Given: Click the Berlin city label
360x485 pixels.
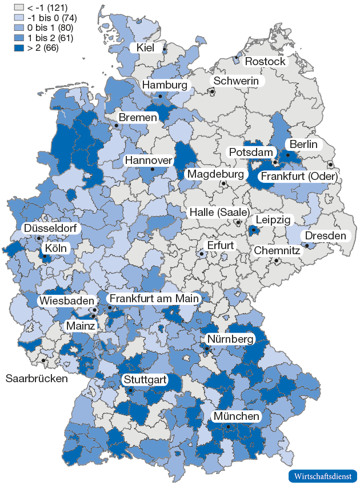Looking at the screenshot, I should point(303,144).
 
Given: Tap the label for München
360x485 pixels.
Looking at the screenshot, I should point(237,416).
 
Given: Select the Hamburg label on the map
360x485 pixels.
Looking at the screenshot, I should point(165,85).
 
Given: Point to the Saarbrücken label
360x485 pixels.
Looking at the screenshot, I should point(37,378).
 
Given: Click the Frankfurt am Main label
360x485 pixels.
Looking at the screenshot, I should point(154,298).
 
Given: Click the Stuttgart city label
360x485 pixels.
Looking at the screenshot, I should point(143,379).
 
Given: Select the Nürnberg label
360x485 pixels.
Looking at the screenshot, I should point(230,339).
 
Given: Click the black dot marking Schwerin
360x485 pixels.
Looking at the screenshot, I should point(211,91).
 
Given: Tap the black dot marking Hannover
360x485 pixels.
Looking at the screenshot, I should point(152,169).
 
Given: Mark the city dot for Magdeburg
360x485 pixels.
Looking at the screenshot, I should point(223,183).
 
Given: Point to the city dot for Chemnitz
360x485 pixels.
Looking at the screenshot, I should point(277,261).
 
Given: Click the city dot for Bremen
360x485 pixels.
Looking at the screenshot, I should point(116,125).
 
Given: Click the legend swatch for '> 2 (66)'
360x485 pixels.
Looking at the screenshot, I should point(19,48).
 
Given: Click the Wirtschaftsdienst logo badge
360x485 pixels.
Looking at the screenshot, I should point(322,476).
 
